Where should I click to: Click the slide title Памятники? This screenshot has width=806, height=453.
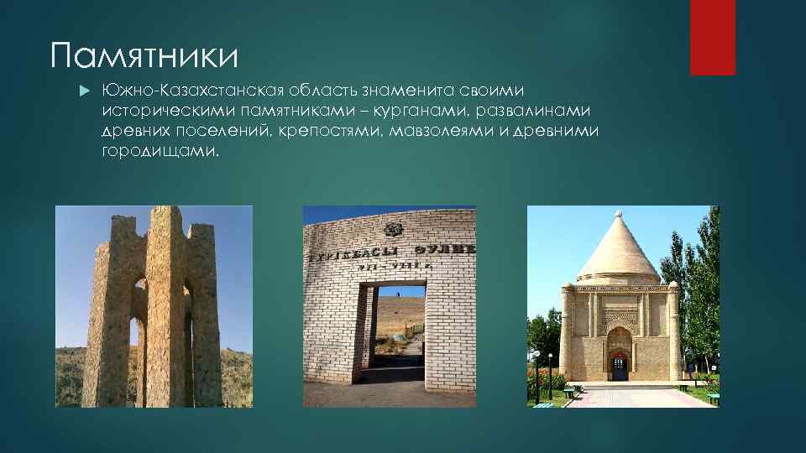144,57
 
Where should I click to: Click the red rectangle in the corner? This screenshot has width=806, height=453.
712,37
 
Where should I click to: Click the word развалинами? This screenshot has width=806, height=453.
535,111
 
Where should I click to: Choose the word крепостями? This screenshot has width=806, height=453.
336,132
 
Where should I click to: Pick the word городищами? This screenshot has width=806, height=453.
160,153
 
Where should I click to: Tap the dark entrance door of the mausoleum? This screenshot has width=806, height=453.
620,367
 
